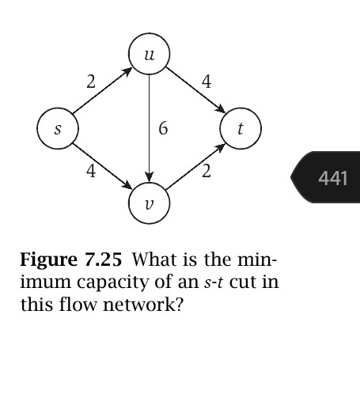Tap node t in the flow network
pos(241,129)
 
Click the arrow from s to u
pos(103,93)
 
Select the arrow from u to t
pos(195,92)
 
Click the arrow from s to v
pos(103,165)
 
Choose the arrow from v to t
pos(195,166)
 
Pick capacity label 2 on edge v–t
pos(206,172)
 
